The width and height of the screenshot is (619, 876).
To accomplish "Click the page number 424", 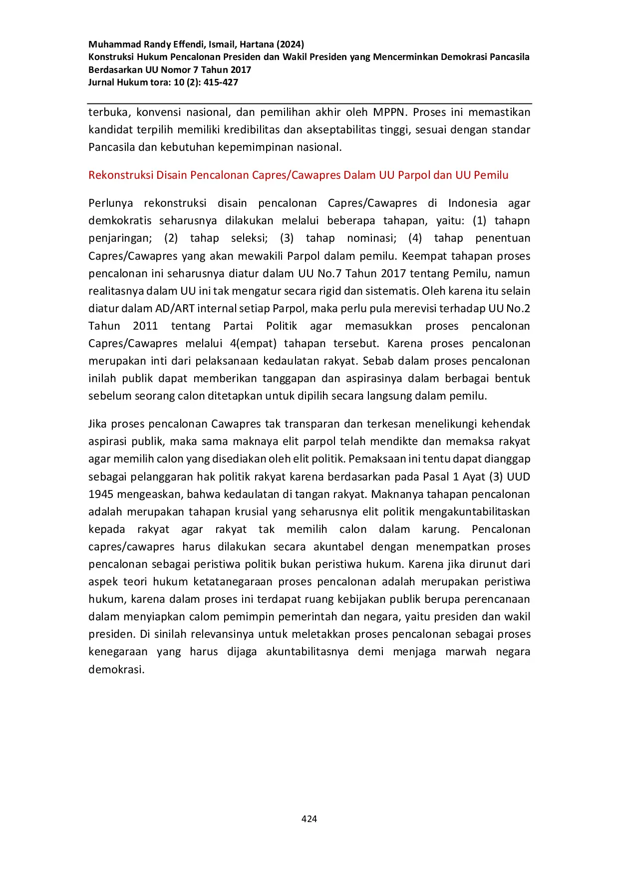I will (309, 819).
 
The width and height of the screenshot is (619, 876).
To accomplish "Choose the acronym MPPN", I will (389, 112).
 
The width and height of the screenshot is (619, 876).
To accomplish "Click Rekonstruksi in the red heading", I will (121, 175).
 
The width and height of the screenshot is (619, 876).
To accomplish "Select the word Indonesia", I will (472, 203).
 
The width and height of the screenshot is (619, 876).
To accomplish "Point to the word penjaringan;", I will (120, 238).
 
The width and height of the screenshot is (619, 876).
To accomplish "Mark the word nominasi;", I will (371, 238).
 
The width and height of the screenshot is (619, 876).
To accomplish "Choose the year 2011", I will (145, 326).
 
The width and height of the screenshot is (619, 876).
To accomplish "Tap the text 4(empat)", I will (253, 343).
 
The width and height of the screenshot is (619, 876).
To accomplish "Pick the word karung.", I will (440, 529).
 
